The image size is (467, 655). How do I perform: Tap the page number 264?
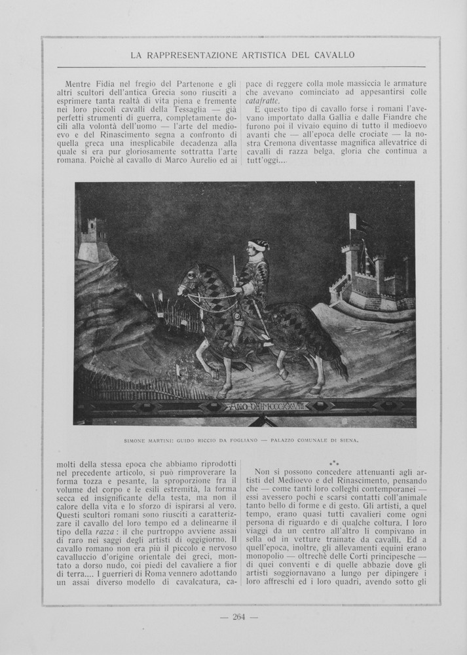click(x=238, y=616)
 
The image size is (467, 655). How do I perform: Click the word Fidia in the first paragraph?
click(x=109, y=84)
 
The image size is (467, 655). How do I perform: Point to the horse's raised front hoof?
click(x=214, y=374)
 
